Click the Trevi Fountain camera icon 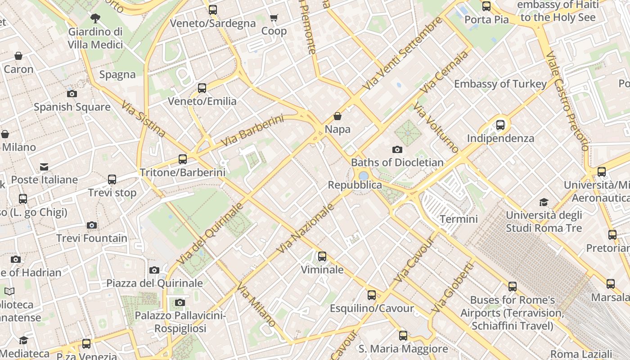pyautogui.click(x=92, y=225)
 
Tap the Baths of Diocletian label pyautogui.click(x=397, y=162)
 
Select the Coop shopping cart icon pyautogui.click(x=274, y=18)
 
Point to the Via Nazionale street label pyautogui.click(x=306, y=228)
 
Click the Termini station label pyautogui.click(x=459, y=219)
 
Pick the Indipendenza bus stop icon pyautogui.click(x=500, y=125)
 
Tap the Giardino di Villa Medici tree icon pyautogui.click(x=95, y=18)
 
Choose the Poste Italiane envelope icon pyautogui.click(x=44, y=167)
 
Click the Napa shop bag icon pyautogui.click(x=337, y=117)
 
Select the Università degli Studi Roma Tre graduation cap pyautogui.click(x=544, y=202)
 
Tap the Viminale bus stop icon pyautogui.click(x=322, y=256)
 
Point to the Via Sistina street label pyautogui.click(x=143, y=118)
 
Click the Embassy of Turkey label pyautogui.click(x=500, y=84)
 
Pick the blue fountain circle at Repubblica pyautogui.click(x=364, y=175)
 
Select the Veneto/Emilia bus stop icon pyautogui.click(x=202, y=88)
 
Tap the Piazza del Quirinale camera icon pyautogui.click(x=154, y=270)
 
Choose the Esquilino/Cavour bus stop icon pyautogui.click(x=372, y=295)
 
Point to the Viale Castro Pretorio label pyautogui.click(x=567, y=101)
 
